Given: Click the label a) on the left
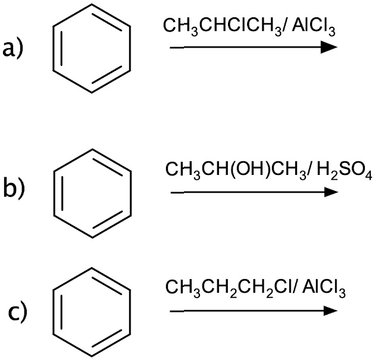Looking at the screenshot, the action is pos(13,48).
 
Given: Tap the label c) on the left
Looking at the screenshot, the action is pos(18,311).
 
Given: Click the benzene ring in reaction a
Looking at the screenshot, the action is pos(53,48).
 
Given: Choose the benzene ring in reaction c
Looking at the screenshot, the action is pos(53,312).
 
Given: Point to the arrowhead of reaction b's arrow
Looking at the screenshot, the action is pos(331,192).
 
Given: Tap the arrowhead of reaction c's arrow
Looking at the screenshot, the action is pos(330,311).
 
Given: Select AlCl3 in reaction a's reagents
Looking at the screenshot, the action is pos(314,27).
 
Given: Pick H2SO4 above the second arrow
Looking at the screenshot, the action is pos(345,171).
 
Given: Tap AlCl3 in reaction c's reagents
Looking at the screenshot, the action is pos(324,288).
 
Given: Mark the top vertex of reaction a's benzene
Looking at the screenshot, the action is pos(92,4).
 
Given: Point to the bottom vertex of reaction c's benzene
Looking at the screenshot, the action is pos(92,356).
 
